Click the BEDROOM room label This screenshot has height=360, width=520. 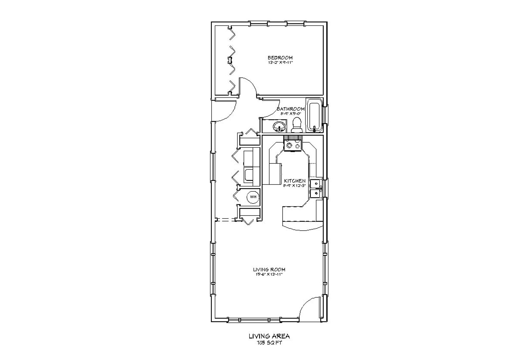280,58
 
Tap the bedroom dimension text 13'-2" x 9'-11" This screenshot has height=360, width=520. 280,62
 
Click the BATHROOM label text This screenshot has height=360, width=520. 291,109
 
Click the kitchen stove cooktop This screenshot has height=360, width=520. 292,144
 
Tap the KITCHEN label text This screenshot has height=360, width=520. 295,181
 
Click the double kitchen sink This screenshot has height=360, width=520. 315,188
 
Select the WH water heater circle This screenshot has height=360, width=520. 253,197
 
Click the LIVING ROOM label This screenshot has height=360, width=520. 269,270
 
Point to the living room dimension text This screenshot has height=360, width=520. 269,274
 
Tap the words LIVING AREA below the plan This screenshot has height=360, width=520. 269,336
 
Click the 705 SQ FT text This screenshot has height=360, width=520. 269,343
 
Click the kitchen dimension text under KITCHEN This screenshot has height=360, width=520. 295,185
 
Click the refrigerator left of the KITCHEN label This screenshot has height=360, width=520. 275,174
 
